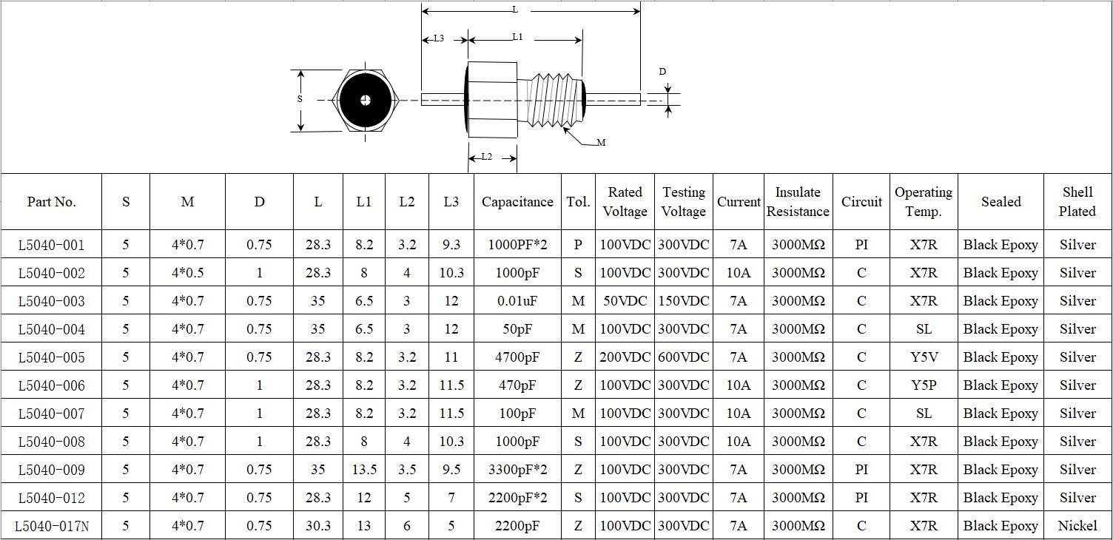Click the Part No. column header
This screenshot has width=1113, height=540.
click(51, 202)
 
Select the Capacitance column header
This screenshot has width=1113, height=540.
click(517, 202)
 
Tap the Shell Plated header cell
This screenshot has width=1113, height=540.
click(1077, 202)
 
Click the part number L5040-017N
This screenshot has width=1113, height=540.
click(52, 526)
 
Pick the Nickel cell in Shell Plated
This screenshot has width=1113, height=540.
click(1077, 526)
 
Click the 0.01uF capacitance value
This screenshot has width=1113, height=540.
click(517, 301)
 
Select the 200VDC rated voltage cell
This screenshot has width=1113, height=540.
click(625, 357)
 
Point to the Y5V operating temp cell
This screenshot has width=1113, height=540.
click(924, 357)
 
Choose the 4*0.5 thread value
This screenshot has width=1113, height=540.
click(187, 273)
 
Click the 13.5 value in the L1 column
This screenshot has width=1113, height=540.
click(364, 470)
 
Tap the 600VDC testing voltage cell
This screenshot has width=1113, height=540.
click(684, 357)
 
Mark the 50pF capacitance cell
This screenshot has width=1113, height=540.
click(517, 329)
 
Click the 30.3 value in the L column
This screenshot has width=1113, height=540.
click(318, 526)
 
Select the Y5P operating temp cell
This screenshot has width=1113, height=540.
click(924, 385)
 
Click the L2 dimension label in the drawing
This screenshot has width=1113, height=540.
click(486, 157)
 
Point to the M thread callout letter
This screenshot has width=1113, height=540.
click(601, 143)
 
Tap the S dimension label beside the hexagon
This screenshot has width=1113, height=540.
click(300, 99)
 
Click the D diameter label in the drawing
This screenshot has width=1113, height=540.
click(662, 72)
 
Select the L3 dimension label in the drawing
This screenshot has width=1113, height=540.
click(439, 38)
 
